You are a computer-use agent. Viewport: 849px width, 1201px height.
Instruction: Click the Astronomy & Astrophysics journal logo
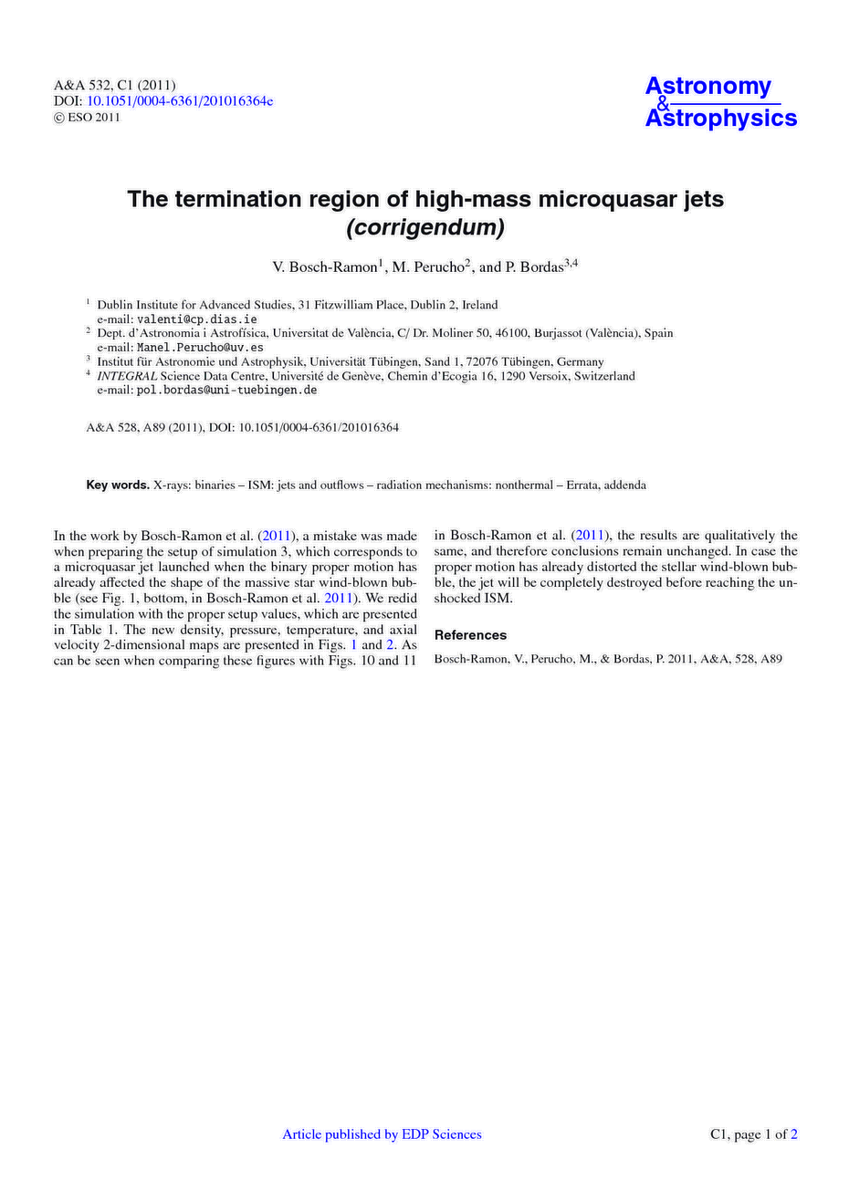(x=720, y=102)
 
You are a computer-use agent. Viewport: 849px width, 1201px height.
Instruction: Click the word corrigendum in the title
(x=425, y=228)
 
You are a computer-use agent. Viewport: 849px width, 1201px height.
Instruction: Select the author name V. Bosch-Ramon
(x=323, y=267)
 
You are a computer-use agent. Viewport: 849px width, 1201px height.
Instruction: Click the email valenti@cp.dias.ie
(x=196, y=319)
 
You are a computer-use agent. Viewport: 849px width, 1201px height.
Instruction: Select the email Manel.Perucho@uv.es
(x=200, y=348)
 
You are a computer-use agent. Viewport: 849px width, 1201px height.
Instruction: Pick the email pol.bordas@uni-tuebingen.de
(x=226, y=390)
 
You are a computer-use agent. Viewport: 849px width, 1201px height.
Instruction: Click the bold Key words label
(x=118, y=486)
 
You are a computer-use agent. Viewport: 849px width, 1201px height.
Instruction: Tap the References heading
(x=470, y=635)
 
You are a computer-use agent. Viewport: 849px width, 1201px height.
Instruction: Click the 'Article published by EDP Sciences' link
(x=382, y=1134)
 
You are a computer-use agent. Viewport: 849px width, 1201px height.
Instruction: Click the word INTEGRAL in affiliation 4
(x=127, y=376)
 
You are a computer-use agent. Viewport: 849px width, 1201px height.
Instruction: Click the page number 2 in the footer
(x=793, y=1134)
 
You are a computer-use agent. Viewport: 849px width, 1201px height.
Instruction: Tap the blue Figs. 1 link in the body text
(x=355, y=645)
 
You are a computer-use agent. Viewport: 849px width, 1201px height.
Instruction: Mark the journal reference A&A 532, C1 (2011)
(x=114, y=85)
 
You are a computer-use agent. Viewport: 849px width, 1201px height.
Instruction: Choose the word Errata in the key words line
(x=584, y=486)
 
